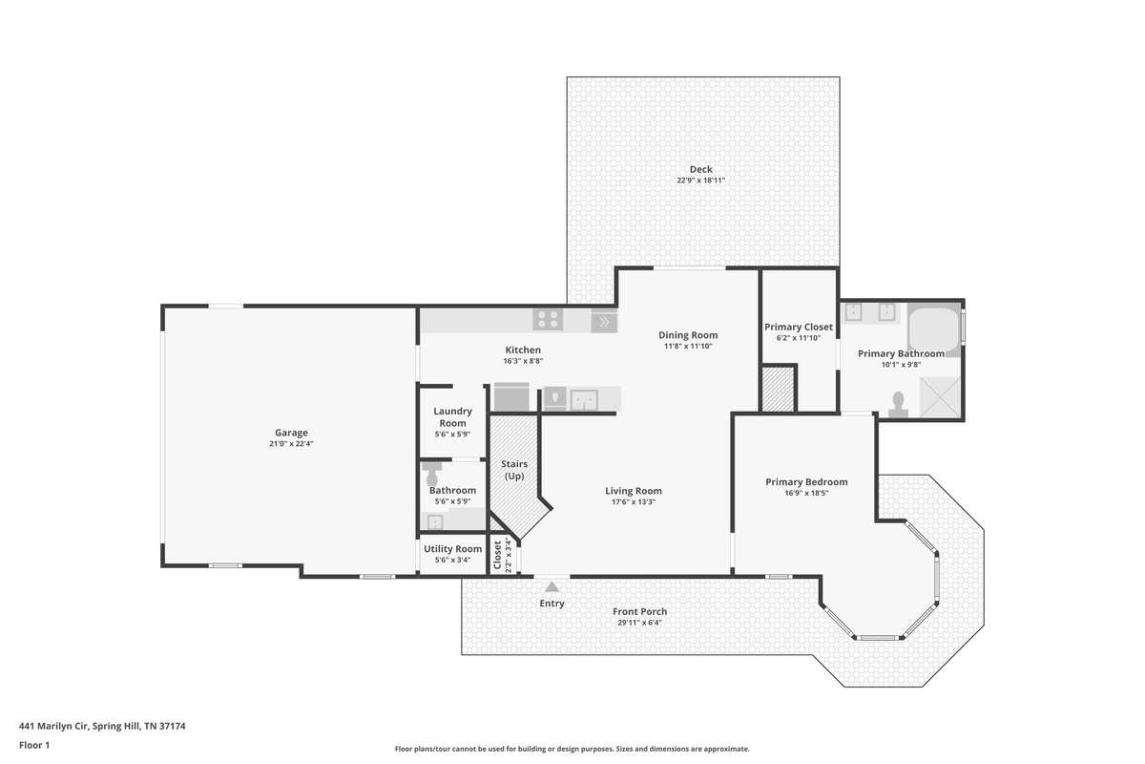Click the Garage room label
pos(291,433)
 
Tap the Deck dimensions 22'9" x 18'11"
pos(700,180)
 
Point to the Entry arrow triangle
pos(552,587)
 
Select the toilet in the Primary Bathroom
pos(898,404)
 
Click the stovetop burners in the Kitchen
pos(548,319)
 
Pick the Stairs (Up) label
pos(514,470)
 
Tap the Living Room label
pos(634,491)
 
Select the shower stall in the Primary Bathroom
pos(940,397)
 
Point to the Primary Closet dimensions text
pos(799,338)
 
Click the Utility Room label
pos(453,548)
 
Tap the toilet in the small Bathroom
pos(432,475)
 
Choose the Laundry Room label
pos(453,417)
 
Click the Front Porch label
pos(639,611)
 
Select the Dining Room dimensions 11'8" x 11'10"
pos(688,346)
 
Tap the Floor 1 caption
pos(34,745)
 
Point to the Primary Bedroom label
pos(806,482)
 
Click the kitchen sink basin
pos(584,400)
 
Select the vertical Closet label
pos(497,555)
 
